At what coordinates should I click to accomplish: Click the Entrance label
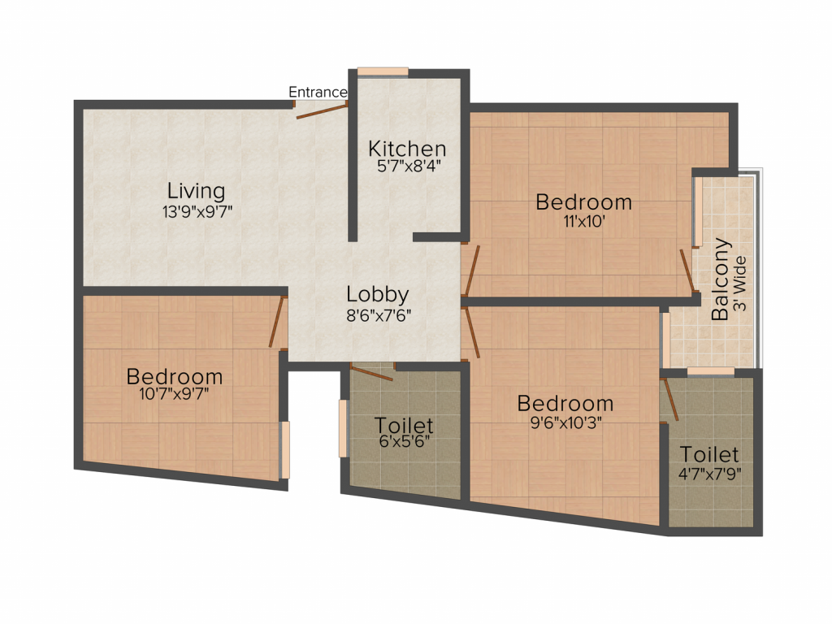[318, 93]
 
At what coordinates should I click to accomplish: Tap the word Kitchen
[407, 149]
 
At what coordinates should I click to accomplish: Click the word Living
[196, 192]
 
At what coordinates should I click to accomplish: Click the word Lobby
[377, 294]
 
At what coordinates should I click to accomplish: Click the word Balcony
[721, 279]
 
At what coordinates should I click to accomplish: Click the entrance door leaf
[322, 110]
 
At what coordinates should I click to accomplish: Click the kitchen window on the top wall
[383, 71]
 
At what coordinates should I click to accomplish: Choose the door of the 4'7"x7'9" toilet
[670, 398]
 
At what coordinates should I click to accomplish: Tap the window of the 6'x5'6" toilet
[343, 428]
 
